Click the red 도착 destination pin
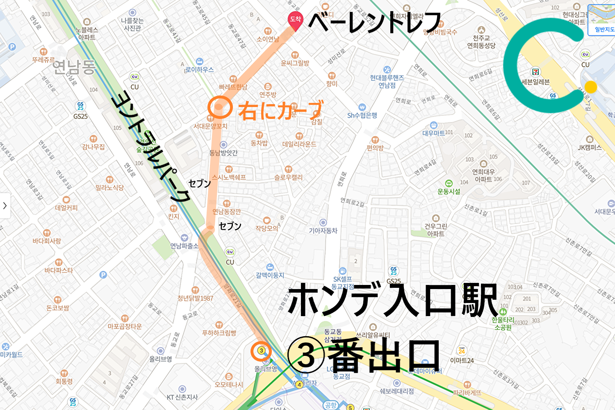pos(295,21)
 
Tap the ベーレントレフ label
pos(374,22)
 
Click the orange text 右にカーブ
pos(280,110)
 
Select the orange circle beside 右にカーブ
pos(220,108)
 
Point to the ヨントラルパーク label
pos(152,146)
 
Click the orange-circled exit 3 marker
pos(261,351)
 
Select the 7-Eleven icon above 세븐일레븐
pos(535,72)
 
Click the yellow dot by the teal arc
pos(590,87)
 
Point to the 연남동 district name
pos(74,66)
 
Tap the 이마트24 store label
pos(462,360)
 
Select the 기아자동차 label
pos(323,231)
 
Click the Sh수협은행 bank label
pos(362,116)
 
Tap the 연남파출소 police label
pos(184,246)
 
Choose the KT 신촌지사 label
pos(182,397)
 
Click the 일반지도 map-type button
pos(604,29)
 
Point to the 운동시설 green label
pos(449,191)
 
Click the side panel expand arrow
pos(5,205)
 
